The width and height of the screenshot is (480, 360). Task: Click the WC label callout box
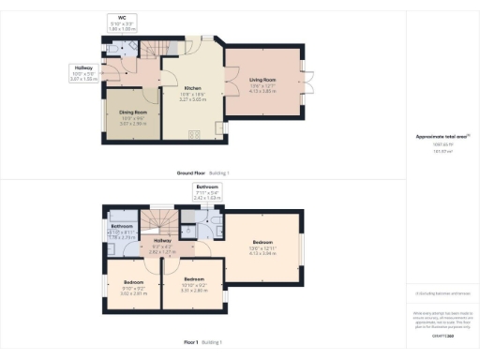tap(122, 23)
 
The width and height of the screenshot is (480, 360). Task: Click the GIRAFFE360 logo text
tap(442, 336)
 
